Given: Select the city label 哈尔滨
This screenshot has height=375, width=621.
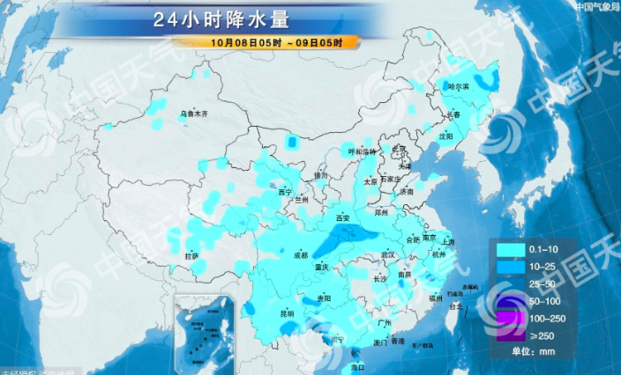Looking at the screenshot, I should [x=460, y=87].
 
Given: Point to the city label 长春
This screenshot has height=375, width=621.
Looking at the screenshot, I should [x=453, y=114].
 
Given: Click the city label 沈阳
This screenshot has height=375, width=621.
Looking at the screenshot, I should [x=445, y=136].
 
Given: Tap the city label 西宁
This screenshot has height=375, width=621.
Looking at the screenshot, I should [x=284, y=192].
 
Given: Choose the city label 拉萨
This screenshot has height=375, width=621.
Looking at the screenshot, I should [x=191, y=255].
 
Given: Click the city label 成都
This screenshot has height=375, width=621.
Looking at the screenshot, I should [x=300, y=255].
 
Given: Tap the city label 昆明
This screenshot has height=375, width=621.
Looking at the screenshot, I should [x=288, y=312].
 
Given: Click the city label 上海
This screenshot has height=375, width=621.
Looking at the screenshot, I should [x=448, y=241].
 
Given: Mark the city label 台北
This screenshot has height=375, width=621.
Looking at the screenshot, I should [x=455, y=306].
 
